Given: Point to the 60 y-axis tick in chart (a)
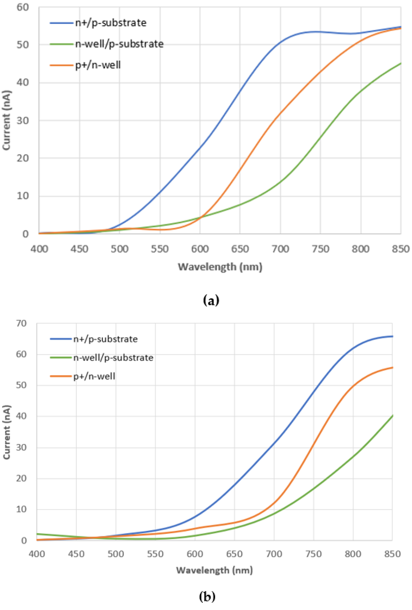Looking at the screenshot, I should click(x=22, y=7).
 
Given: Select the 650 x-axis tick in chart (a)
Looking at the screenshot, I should click(x=240, y=249).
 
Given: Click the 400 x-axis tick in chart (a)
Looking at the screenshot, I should click(x=39, y=249).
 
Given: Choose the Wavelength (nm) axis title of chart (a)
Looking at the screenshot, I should click(x=220, y=267).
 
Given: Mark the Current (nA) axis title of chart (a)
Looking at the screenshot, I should click(x=7, y=120).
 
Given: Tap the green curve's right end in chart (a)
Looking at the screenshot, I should click(x=400, y=63).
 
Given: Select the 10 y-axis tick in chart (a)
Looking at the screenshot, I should click(x=22, y=196).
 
